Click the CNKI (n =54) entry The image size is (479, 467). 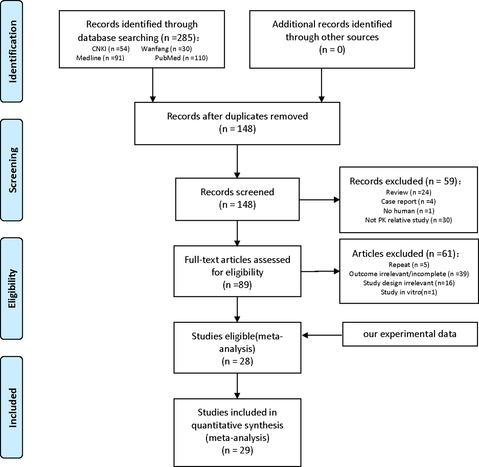pos(111,49)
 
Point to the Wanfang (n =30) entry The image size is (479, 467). pos(166,49)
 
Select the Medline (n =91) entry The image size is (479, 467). pos(100,58)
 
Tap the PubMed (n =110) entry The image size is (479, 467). pos(181,58)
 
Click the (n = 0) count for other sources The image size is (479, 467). pos(332,50)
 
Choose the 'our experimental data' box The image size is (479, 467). pos(410,334)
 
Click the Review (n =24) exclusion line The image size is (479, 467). pos(408,192)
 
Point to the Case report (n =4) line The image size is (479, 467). pos(408,201)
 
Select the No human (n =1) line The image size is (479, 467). pos(408,211)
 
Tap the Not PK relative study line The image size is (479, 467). pos(408,220)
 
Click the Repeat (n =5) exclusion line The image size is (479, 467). pos(409,265)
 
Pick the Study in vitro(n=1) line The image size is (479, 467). pos(409,292)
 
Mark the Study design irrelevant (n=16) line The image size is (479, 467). pos(409,283)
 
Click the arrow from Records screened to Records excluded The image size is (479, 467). pos(319,200)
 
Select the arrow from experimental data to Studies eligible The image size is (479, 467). pos(322,335)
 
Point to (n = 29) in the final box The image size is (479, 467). pos(237,450)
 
